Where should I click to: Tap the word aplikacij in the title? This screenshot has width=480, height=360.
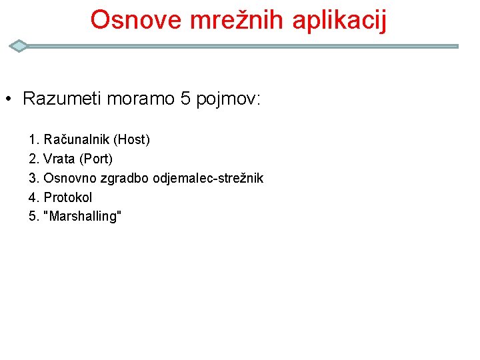(339, 21)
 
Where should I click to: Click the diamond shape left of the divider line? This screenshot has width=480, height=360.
(19, 46)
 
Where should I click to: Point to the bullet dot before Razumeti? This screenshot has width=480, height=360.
(7, 101)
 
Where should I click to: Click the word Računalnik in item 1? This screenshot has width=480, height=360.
(77, 140)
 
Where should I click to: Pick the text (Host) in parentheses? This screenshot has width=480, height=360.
(131, 140)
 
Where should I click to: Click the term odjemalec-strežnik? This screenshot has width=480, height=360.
(208, 179)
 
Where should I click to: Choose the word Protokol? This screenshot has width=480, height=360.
(68, 197)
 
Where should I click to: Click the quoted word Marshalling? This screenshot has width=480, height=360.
(82, 217)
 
